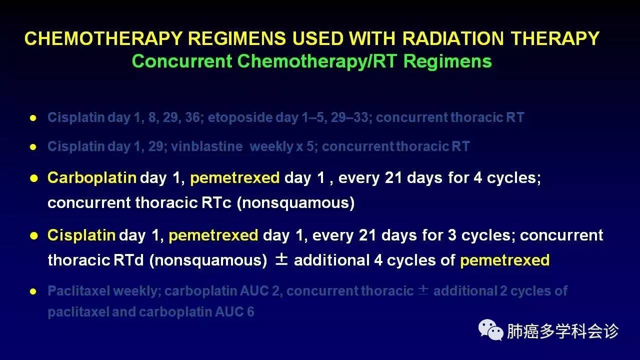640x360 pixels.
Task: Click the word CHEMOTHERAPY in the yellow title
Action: tap(103, 38)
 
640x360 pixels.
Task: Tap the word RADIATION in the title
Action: tap(453, 38)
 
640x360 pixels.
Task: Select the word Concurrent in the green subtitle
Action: tap(182, 61)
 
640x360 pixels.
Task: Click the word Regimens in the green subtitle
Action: tap(447, 61)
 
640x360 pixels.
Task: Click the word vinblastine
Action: tap(207, 146)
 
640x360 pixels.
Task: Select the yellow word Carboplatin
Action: tap(92, 178)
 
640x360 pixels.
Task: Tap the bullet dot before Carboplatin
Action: tap(33, 178)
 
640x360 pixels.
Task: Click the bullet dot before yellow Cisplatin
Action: tap(33, 235)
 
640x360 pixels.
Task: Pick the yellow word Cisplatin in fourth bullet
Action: tap(81, 235)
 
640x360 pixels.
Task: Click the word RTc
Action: tap(216, 202)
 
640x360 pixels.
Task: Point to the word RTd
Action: tap(128, 260)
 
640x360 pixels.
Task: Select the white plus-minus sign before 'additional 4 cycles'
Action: tap(281, 259)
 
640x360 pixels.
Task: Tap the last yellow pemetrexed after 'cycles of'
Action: tap(505, 260)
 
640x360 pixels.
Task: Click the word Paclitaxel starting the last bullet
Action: tap(79, 291)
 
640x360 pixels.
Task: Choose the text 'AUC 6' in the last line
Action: tap(234, 311)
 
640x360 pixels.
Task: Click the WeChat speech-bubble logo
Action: tap(490, 330)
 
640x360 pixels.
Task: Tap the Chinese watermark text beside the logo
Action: tap(562, 331)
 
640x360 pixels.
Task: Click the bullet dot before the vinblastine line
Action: tap(33, 147)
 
